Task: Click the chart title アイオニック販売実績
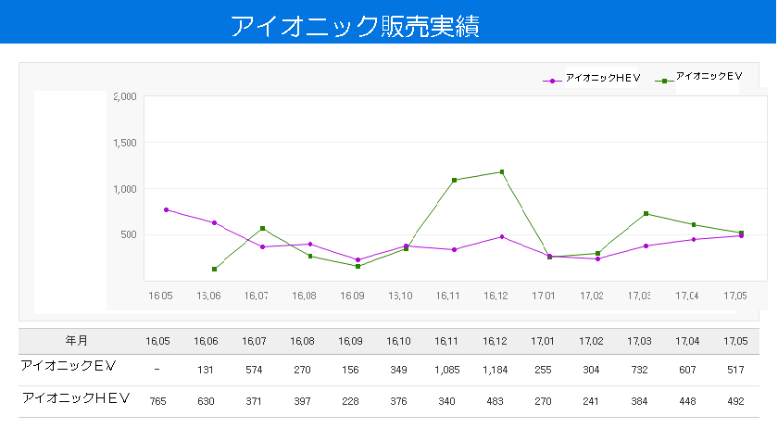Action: (x=354, y=25)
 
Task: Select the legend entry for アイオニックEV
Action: (x=709, y=77)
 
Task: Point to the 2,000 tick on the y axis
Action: (x=124, y=96)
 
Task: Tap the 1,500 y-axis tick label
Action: (x=124, y=143)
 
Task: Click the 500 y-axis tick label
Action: (x=128, y=234)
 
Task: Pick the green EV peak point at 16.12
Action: (x=502, y=171)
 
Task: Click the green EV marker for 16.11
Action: (x=454, y=180)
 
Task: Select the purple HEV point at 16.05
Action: (x=166, y=209)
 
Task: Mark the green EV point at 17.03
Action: (x=646, y=214)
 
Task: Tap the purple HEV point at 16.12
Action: (x=502, y=236)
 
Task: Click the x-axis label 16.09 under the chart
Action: (x=352, y=296)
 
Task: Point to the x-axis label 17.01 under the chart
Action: (x=543, y=296)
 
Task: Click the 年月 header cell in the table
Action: (x=77, y=340)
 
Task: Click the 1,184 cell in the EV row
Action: (x=496, y=370)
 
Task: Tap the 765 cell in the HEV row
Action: (x=158, y=401)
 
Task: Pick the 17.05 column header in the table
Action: (x=735, y=341)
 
